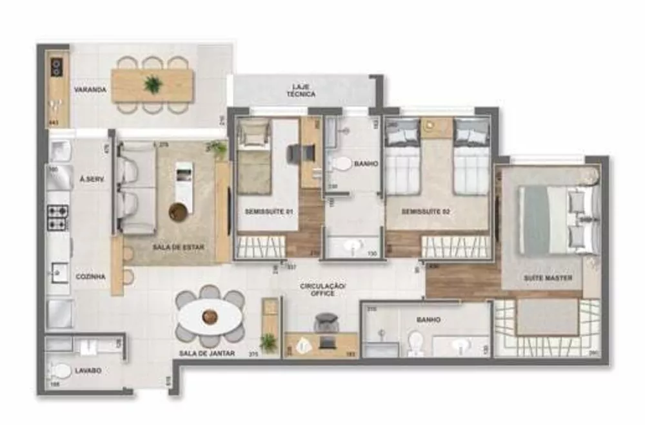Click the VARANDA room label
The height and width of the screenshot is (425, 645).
tap(90, 90)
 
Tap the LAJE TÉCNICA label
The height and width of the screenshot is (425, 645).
tap(302, 90)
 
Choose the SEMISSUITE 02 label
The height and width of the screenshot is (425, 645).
tap(423, 211)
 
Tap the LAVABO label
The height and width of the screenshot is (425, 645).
tap(87, 370)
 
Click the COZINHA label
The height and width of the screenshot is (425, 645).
tap(90, 276)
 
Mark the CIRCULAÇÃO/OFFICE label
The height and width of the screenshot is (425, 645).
tap(318, 289)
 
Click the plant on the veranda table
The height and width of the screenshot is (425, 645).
tap(153, 84)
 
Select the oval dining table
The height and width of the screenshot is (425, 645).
tap(210, 317)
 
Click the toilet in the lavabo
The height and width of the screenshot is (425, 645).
tap(61, 372)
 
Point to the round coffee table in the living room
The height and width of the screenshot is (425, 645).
tap(179, 211)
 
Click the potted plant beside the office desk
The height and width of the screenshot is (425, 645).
tap(268, 343)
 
